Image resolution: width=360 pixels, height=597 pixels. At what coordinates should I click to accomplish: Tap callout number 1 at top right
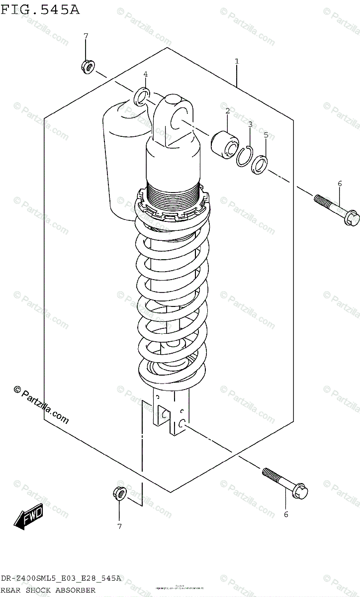coord(237,61)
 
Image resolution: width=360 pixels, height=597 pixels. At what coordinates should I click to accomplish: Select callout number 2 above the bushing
coord(227,111)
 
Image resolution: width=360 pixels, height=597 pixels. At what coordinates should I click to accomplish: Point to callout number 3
coord(250,124)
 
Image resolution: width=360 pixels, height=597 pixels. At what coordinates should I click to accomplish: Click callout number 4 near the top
coord(146,74)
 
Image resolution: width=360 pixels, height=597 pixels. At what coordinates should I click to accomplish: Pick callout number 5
coord(266,135)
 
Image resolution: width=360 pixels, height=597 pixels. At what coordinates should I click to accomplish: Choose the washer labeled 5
coord(260,165)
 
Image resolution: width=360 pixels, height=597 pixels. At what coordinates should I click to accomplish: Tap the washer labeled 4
coord(142,96)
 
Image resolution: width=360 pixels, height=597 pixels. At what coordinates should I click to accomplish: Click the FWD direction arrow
coord(29,516)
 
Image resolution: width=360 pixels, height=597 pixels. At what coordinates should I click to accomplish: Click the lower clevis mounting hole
coord(182,423)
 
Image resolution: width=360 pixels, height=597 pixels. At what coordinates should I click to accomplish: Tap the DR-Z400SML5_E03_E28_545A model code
coord(61,579)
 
